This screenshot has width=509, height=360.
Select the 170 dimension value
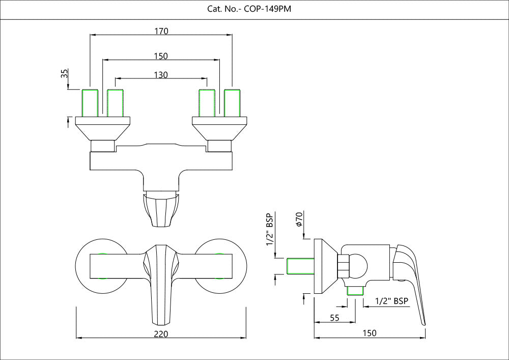161,31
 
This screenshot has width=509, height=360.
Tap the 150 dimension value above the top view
161,56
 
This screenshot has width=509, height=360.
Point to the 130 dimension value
161,75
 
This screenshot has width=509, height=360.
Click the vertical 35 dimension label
65,73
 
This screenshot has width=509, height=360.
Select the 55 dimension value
334,318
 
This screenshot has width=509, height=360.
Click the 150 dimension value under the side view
370,333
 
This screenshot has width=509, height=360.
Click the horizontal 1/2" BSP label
391,301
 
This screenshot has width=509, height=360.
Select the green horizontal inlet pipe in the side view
299,266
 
